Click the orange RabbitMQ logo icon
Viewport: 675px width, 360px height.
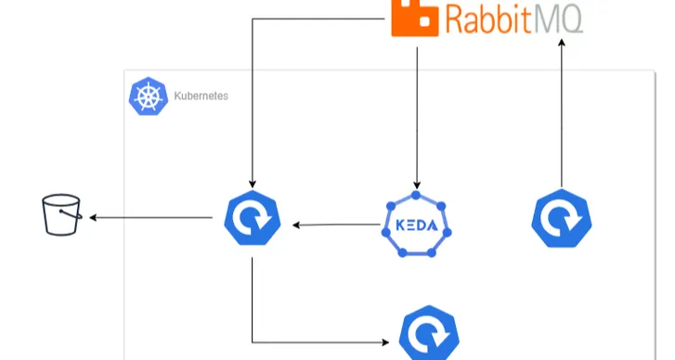pyautogui.click(x=415, y=19)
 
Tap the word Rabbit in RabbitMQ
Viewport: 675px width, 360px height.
pyautogui.click(x=491, y=19)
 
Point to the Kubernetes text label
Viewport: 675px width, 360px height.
pyautogui.click(x=201, y=96)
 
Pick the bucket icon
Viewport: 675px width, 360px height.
pyautogui.click(x=62, y=215)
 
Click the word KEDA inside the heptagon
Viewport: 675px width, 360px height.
pyautogui.click(x=417, y=225)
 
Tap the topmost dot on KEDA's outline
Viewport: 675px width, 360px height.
pyautogui.click(x=417, y=195)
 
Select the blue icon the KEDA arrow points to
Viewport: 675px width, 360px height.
pyautogui.click(x=252, y=220)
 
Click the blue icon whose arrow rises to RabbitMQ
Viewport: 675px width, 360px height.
pyautogui.click(x=561, y=221)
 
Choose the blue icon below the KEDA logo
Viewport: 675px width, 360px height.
pyautogui.click(x=429, y=335)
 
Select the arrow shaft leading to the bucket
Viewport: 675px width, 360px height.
pyautogui.click(x=153, y=218)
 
